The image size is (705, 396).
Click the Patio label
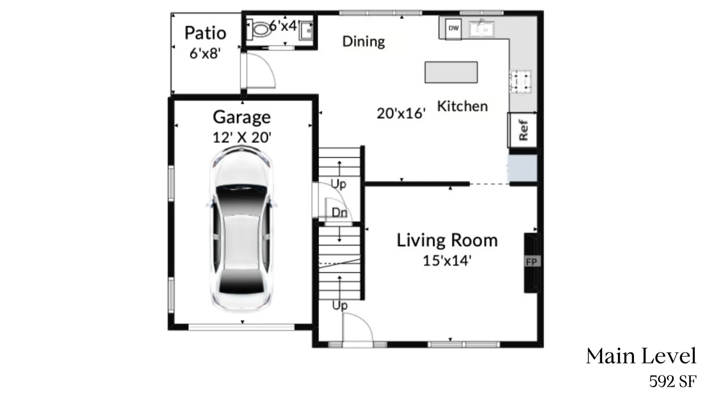click(205, 33)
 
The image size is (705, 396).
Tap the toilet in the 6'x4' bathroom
click(259, 29)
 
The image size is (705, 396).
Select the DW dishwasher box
click(453, 28)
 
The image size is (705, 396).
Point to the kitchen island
click(451, 72)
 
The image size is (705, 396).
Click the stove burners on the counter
click(521, 81)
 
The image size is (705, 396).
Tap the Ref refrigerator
click(523, 129)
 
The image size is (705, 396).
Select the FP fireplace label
click(531, 262)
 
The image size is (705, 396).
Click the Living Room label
click(446, 240)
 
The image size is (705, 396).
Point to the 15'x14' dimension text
click(446, 260)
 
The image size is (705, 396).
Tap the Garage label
click(242, 117)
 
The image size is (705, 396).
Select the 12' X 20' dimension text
click(242, 137)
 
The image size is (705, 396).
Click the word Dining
click(363, 41)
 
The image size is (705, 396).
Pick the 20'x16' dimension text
click(401, 113)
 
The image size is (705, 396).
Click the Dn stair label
click(339, 212)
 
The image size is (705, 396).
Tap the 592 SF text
click(673, 381)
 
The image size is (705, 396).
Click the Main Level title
click(641, 356)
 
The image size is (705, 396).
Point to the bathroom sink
click(306, 31)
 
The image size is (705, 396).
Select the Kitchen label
click(462, 106)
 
